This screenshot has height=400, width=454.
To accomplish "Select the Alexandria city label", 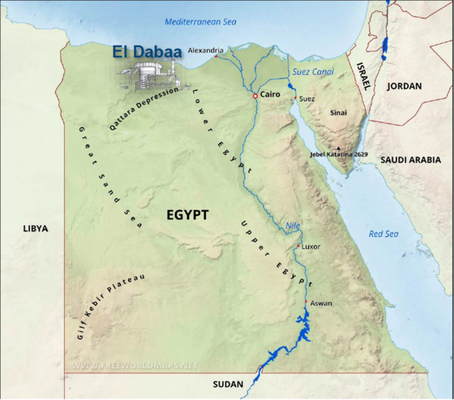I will (x=205, y=50).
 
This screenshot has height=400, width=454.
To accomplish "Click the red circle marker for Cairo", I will (x=255, y=96).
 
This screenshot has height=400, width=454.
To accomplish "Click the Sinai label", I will (x=338, y=114).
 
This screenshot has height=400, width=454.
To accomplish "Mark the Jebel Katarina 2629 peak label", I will (x=340, y=153).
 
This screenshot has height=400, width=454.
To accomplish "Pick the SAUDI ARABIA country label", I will (x=410, y=160).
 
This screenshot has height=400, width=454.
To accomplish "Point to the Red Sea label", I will (x=383, y=234).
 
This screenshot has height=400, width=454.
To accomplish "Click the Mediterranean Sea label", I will (x=199, y=20).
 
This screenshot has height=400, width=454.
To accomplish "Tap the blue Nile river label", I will (x=293, y=226).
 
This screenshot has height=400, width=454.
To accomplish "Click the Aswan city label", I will (x=321, y=303).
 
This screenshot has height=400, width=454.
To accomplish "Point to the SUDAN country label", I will (x=228, y=385).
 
